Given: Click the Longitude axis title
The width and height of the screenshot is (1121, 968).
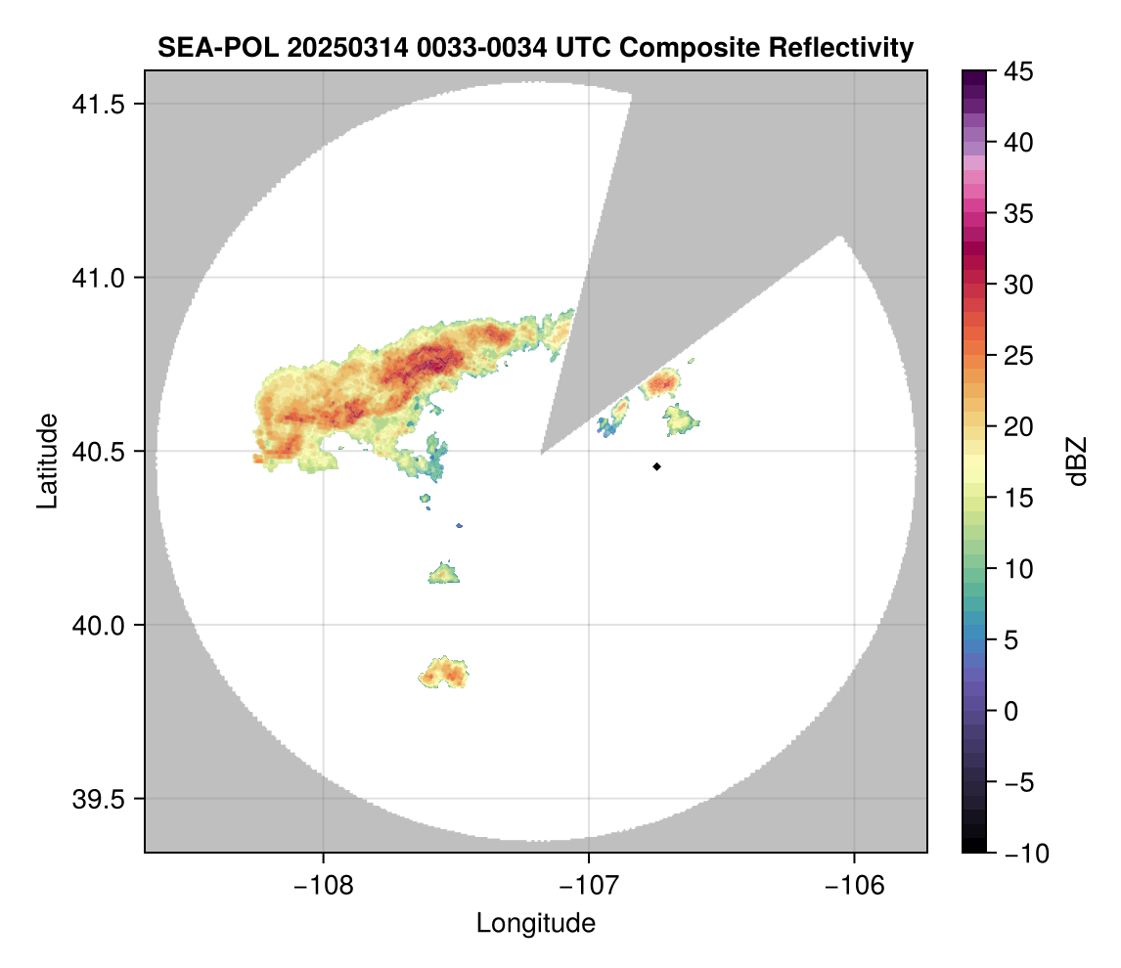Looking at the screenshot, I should coord(535,923).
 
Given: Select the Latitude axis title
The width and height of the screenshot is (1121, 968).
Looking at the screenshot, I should coord(46,461).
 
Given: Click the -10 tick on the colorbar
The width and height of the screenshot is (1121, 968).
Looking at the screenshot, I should coord(1021,854).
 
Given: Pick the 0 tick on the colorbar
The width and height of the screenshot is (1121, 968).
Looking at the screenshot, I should coord(1009,711).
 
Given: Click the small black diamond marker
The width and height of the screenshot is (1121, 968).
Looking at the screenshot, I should coord(657,466).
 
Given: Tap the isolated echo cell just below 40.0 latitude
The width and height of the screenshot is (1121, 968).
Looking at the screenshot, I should coord(445,673).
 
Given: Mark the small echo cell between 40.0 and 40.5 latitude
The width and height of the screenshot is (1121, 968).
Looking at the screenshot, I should coord(445,573).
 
